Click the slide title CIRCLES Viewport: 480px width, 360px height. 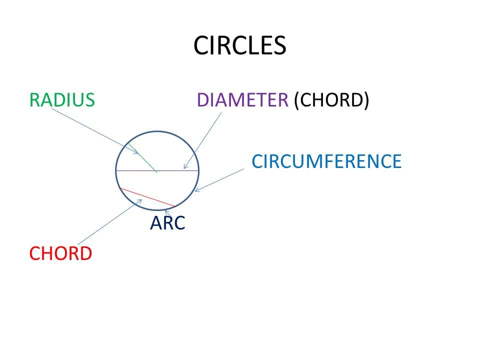coord(239,45)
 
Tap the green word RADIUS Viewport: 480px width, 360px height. coord(62,100)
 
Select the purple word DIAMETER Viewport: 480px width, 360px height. coord(242,100)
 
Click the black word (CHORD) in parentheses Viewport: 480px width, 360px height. coord(331,100)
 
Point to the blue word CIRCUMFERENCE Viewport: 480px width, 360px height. coord(326,161)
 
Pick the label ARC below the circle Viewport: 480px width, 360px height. coord(167,223)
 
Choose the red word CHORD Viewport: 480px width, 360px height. coord(60,253)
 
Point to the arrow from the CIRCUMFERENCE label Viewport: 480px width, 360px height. coord(220,179)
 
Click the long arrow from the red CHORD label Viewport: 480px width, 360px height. coord(110,222)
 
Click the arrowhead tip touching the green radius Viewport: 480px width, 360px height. coord(137,153)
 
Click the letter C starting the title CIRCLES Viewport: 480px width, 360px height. coord(199,45)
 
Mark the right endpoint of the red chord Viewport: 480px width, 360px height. coord(174,206)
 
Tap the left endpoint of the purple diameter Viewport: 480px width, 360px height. coord(116,171)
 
